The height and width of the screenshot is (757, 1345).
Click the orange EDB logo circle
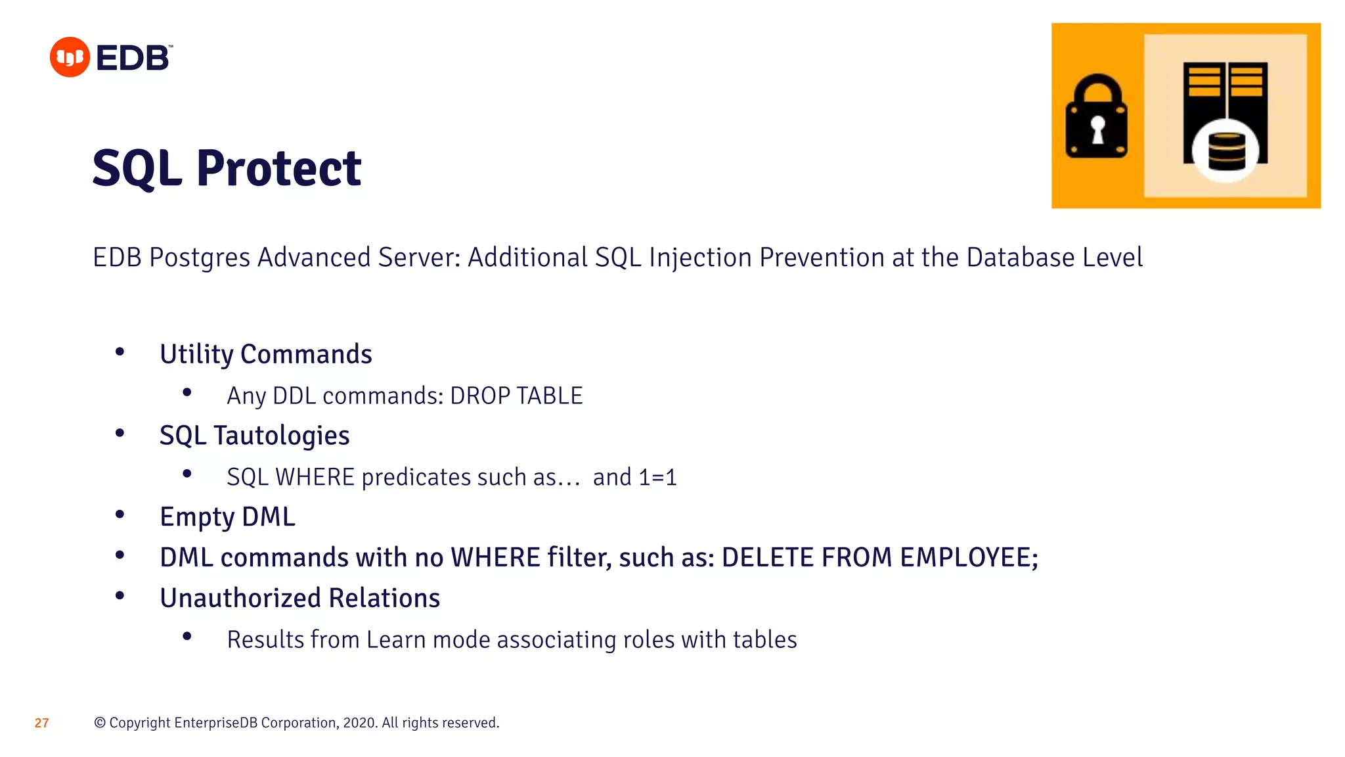(x=70, y=57)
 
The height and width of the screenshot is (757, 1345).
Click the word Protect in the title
(x=278, y=168)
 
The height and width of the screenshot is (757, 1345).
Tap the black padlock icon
(x=1096, y=118)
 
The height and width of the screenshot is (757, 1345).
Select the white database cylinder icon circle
(x=1225, y=152)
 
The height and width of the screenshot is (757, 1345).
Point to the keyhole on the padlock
(x=1097, y=129)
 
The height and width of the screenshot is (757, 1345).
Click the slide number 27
(x=41, y=723)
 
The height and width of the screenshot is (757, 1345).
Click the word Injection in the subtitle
(x=700, y=258)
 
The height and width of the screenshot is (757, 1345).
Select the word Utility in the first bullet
(x=196, y=355)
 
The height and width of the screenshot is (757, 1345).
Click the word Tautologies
(x=281, y=436)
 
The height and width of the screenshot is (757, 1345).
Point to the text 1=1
(x=657, y=477)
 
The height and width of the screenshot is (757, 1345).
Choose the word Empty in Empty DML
(x=197, y=517)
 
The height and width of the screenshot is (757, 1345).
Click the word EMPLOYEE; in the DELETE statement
(x=969, y=557)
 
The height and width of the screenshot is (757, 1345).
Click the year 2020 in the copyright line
(x=359, y=723)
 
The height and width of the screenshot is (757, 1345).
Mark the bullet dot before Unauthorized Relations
(x=120, y=596)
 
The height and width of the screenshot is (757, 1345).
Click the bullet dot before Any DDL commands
(x=187, y=393)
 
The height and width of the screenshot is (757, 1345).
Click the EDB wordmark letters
(x=133, y=58)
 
